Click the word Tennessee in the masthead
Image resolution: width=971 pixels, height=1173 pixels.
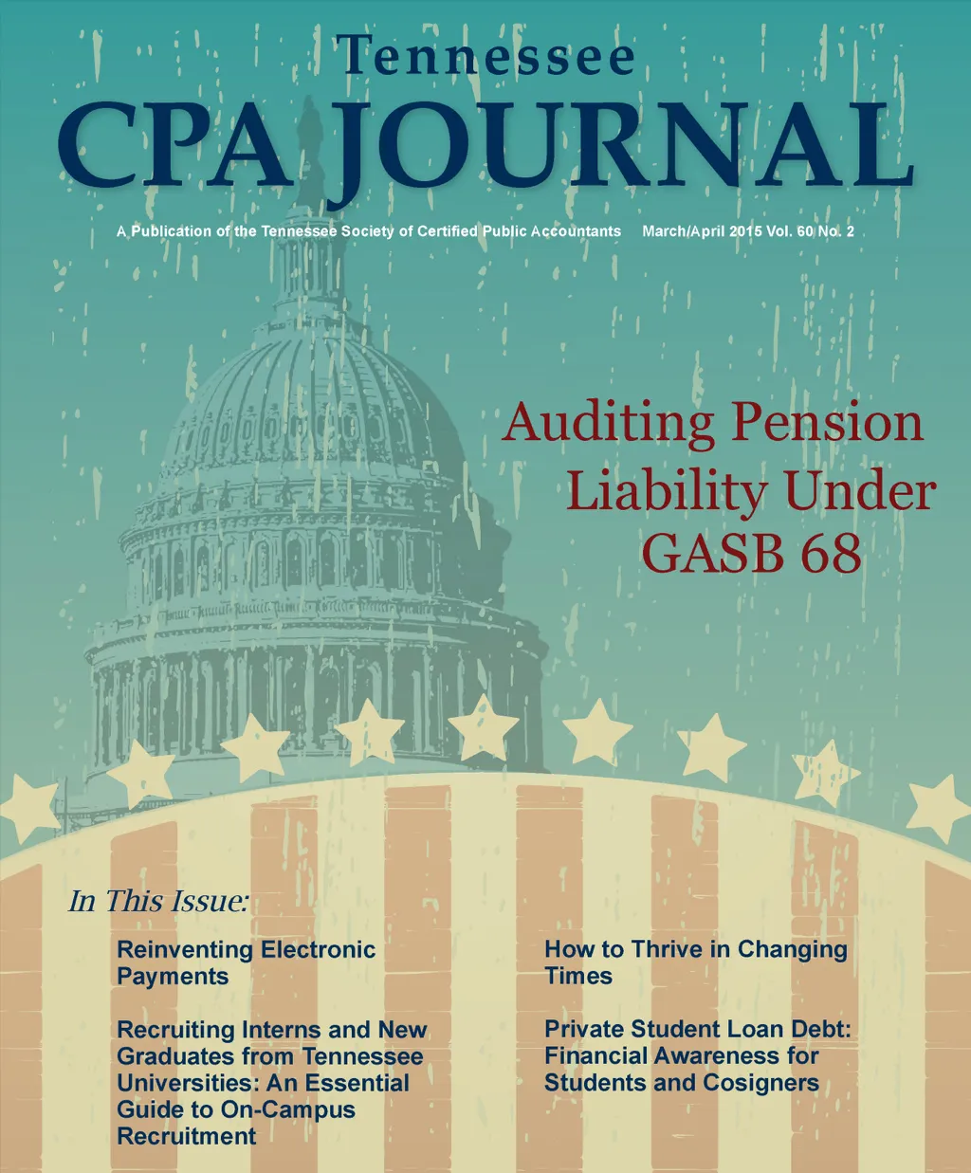pyautogui.click(x=485, y=57)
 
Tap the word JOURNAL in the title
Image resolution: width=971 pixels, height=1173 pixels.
pyautogui.click(x=616, y=147)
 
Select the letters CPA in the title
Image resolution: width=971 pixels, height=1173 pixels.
pyautogui.click(x=175, y=147)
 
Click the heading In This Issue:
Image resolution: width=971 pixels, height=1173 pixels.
pyautogui.click(x=158, y=901)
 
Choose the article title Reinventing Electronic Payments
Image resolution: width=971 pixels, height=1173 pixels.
pyautogui.click(x=246, y=962)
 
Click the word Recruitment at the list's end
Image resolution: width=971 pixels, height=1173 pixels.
pyautogui.click(x=187, y=1136)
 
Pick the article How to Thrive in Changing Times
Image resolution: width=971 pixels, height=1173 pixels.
pyautogui.click(x=695, y=962)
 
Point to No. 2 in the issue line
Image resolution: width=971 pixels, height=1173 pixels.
pyautogui.click(x=836, y=231)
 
